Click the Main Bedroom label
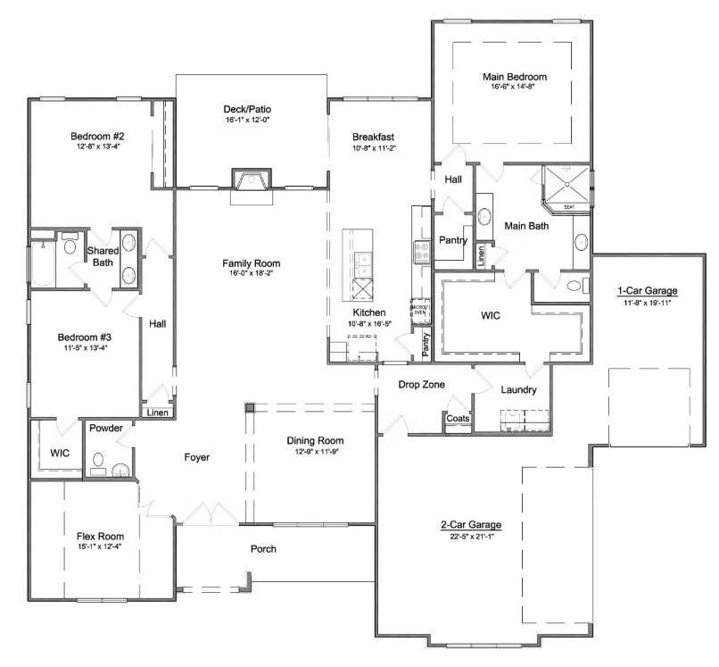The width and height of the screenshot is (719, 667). pos(514,77)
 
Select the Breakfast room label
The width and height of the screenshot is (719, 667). pos(373,137)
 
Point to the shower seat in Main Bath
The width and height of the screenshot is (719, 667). pos(568,207)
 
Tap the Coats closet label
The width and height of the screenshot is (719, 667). pos(458,418)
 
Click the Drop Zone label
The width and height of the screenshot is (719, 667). pos(422,384)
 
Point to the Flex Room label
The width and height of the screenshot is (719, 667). pos(100,536)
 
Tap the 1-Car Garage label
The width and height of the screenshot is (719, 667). pos(648,291)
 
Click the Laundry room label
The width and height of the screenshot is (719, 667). pos(518,390)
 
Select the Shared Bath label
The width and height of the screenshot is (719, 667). pos(100,256)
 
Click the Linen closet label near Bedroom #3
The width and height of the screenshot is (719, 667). pos(157,413)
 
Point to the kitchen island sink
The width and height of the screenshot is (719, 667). pos(362,263)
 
